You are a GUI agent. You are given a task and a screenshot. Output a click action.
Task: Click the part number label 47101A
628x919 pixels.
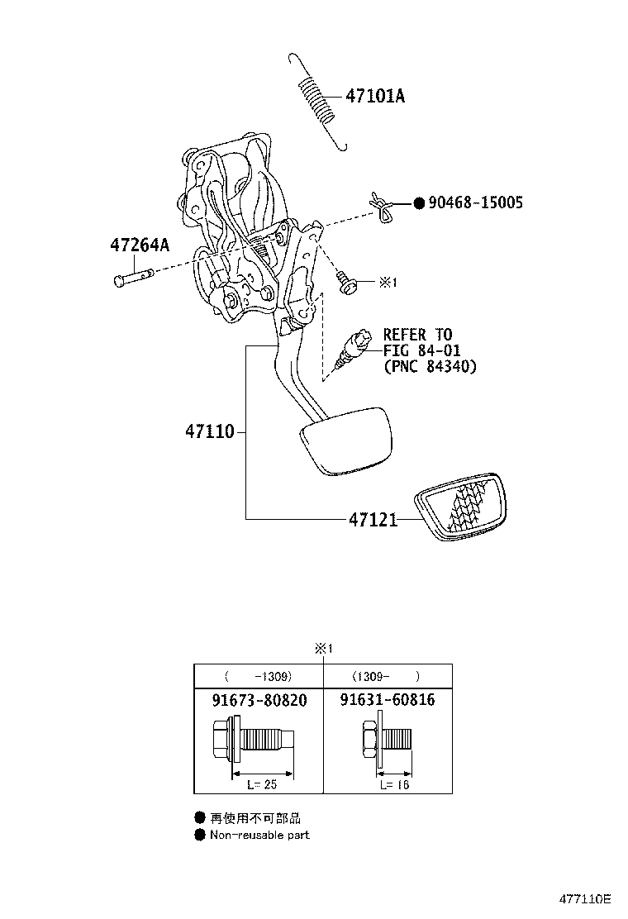click(375, 96)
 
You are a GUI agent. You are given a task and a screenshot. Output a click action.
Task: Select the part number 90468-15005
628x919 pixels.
click(475, 202)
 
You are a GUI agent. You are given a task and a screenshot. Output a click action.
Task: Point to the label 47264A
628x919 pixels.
click(140, 245)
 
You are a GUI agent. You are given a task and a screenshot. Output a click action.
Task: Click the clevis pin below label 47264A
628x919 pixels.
click(134, 277)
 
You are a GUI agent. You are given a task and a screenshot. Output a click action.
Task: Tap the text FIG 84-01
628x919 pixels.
click(421, 350)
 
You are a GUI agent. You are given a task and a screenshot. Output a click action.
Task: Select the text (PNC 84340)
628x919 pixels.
click(430, 366)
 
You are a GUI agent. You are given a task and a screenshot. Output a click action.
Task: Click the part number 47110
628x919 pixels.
click(210, 432)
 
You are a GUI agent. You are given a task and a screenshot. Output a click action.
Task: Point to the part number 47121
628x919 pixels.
click(373, 519)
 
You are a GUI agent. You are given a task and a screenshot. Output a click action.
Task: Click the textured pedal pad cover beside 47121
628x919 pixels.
click(460, 506)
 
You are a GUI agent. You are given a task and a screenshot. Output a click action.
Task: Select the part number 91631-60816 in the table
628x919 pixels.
click(388, 700)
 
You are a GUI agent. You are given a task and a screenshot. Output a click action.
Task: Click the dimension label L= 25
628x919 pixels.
click(262, 784)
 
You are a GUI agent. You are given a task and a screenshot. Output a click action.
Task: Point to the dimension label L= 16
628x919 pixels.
click(394, 784)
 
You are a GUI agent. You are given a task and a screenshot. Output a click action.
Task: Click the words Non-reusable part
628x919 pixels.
click(259, 835)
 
